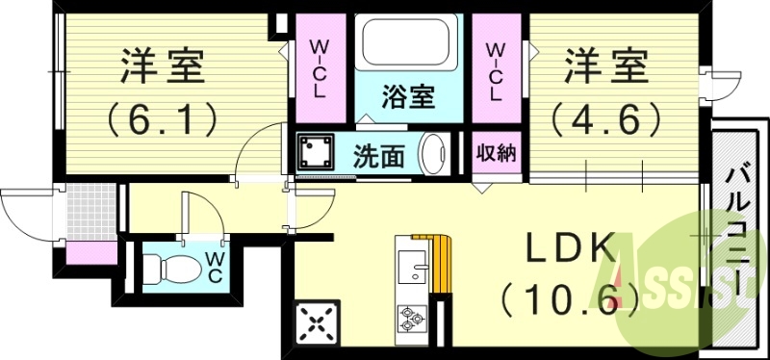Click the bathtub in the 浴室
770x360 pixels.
[x=409, y=47]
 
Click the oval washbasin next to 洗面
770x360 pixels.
[x=436, y=153]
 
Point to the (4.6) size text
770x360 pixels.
[x=605, y=121]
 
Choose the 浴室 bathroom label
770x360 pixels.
[x=408, y=98]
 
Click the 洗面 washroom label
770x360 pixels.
[x=377, y=154]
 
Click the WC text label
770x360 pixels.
[x=213, y=267]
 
